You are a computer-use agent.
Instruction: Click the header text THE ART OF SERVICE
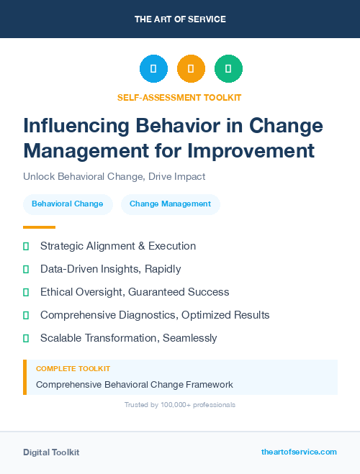180,19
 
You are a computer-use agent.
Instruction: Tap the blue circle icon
153,69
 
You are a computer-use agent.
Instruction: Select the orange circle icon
191,69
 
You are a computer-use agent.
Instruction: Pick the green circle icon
228,69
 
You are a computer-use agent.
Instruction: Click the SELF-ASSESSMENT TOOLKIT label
179,97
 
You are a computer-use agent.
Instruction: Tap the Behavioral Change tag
68,204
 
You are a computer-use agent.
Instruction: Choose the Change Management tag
170,204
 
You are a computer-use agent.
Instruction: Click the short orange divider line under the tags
35,227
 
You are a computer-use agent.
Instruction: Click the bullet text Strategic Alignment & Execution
118,246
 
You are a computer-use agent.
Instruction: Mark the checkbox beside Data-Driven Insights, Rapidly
26,269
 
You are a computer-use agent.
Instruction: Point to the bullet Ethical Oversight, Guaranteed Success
135,292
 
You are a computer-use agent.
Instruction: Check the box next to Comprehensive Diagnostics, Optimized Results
26,315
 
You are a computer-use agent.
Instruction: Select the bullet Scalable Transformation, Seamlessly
128,338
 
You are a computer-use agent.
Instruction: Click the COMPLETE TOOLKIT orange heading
73,368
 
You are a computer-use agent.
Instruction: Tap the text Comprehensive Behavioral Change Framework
134,384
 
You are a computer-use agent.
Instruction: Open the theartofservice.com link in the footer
299,452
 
